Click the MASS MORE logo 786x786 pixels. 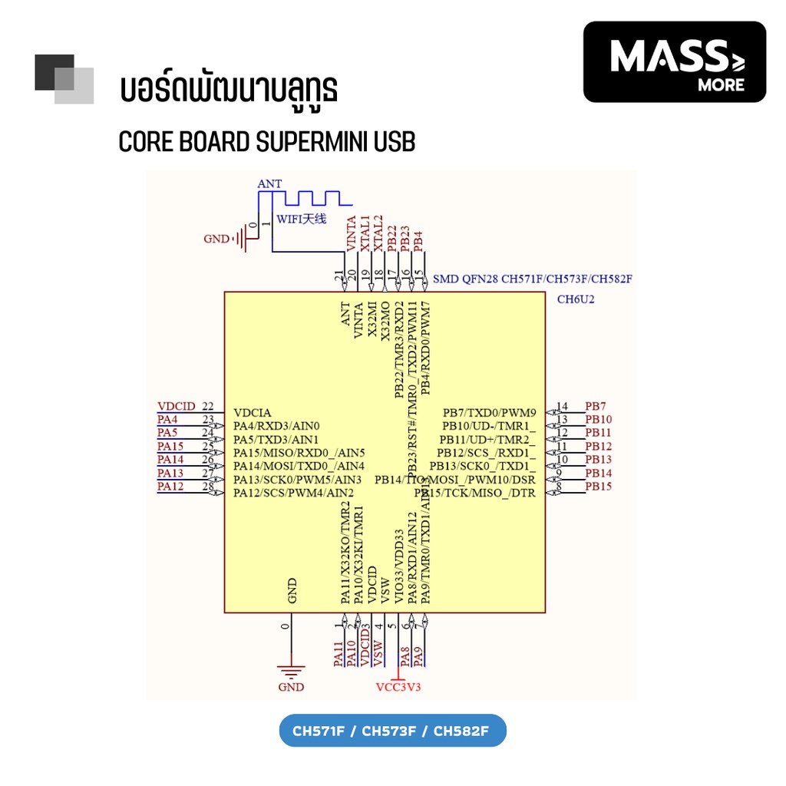(675, 61)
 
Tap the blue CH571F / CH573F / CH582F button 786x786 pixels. (392, 731)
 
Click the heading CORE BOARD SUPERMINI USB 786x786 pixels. (266, 143)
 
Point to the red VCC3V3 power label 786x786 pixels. (398, 687)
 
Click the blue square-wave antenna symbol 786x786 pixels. (307, 199)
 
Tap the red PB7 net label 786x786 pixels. (596, 406)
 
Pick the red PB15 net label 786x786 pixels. (599, 487)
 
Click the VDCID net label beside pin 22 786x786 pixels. (176, 406)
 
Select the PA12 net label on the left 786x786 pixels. (170, 487)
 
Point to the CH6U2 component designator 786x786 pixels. (576, 299)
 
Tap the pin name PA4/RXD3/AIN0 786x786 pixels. (276, 426)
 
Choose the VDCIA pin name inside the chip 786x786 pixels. (253, 412)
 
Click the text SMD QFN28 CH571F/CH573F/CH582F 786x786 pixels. (532, 279)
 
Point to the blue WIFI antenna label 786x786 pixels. (302, 219)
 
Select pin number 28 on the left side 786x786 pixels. (207, 487)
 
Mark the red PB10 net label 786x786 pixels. (599, 420)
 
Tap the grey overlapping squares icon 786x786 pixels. (64, 79)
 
